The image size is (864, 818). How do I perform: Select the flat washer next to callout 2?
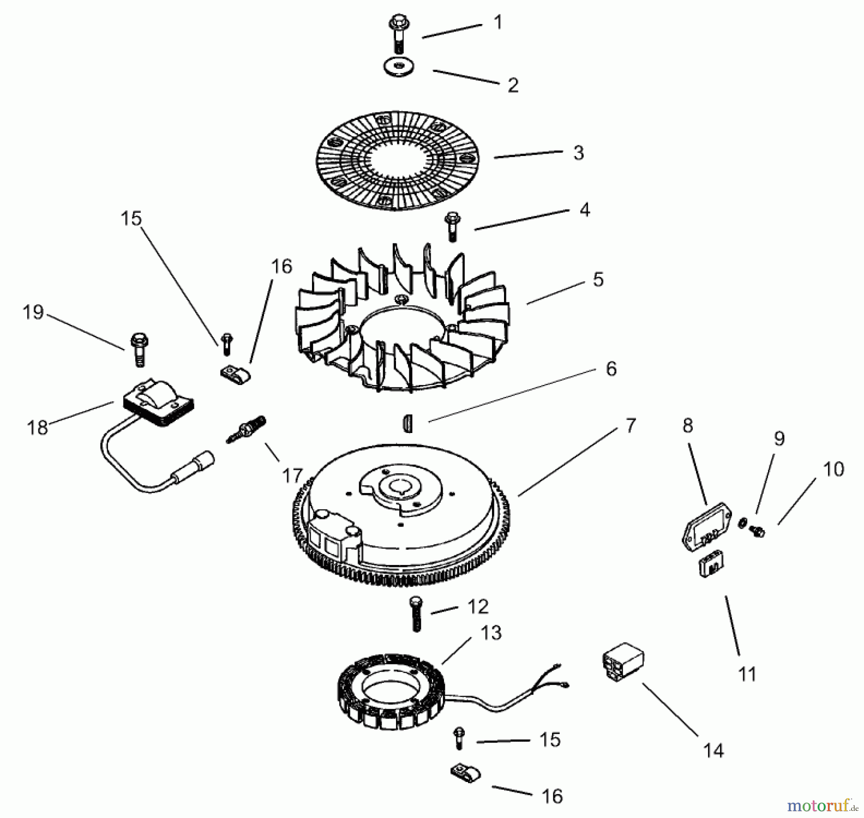(x=399, y=67)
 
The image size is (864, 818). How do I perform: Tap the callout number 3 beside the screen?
(x=578, y=153)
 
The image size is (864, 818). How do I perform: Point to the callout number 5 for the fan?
(x=598, y=279)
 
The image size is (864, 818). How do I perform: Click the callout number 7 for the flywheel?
(x=630, y=425)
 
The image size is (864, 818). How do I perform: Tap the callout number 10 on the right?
(x=833, y=469)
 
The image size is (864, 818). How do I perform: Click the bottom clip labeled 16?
(x=465, y=774)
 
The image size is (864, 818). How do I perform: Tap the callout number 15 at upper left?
(x=131, y=218)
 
